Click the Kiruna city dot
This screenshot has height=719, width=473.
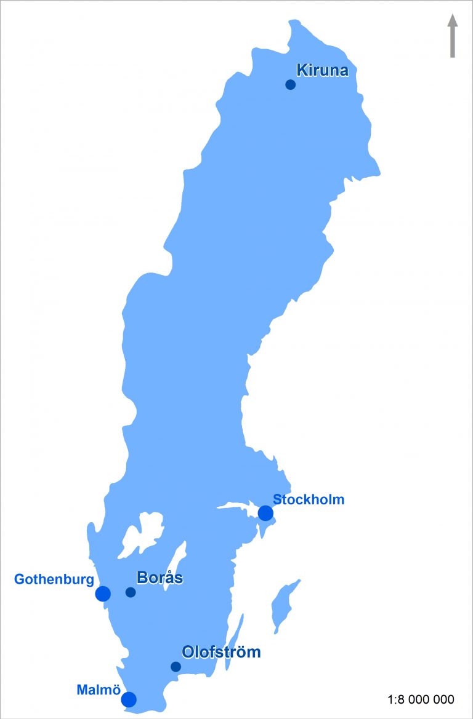(x=290, y=85)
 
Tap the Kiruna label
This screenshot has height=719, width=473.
(x=322, y=70)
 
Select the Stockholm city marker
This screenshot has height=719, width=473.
(x=265, y=513)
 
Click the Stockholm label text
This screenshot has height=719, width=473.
(x=309, y=499)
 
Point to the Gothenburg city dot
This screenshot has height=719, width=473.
(x=103, y=594)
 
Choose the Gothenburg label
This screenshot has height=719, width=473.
(x=54, y=579)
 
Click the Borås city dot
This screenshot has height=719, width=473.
(x=131, y=592)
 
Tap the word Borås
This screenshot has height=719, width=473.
(x=160, y=578)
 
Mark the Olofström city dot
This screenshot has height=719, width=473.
(x=176, y=667)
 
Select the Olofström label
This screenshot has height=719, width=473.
(x=221, y=652)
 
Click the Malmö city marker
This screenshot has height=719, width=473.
(x=129, y=699)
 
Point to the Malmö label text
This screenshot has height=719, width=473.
(x=98, y=690)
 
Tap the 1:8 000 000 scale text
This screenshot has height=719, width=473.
(x=421, y=699)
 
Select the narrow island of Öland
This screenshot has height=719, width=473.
(x=235, y=640)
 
